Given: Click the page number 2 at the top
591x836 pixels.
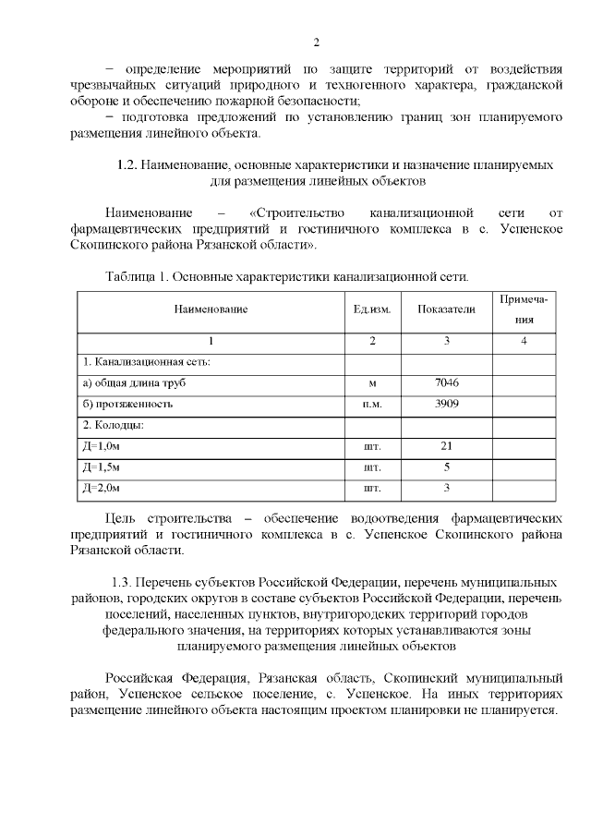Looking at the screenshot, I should coord(316,42).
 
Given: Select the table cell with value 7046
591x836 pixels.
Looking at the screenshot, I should coord(446,382).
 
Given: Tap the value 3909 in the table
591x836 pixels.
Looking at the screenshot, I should coord(446,404).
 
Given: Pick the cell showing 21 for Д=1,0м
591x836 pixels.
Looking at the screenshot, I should coord(446,446).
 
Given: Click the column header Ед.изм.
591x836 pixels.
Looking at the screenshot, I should coord(372,309).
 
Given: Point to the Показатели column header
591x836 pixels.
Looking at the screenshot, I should coord(446,309).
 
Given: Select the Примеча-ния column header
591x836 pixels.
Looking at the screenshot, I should coord(525,309).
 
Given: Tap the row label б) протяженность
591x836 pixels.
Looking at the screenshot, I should coord(127,404).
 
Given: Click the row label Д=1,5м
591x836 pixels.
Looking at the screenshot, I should coord(102,467).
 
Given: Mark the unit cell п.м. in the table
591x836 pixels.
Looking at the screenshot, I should coord(372,404).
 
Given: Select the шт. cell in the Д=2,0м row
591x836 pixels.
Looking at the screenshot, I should coord(372,488).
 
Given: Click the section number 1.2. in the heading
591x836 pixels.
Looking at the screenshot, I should coord(127,164).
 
